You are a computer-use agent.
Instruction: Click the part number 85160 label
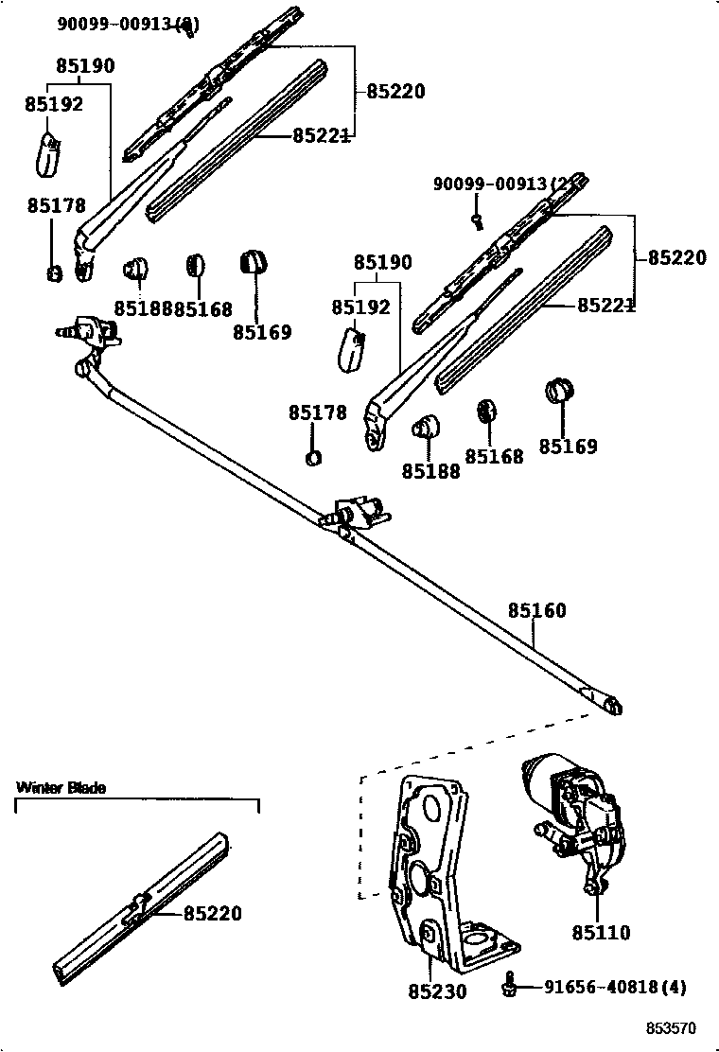point(536,611)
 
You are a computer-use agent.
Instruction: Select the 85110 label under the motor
point(600,933)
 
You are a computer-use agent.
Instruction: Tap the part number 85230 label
point(437,991)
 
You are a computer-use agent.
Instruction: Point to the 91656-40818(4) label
point(615,987)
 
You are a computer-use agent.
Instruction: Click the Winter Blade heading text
point(61,787)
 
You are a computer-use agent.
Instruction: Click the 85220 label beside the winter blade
point(212,914)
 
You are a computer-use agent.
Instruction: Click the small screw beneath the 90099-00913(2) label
point(479,221)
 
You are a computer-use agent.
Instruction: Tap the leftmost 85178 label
point(56,205)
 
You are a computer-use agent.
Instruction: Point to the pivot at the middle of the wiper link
point(357,513)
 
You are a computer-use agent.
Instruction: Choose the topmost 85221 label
point(322,136)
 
